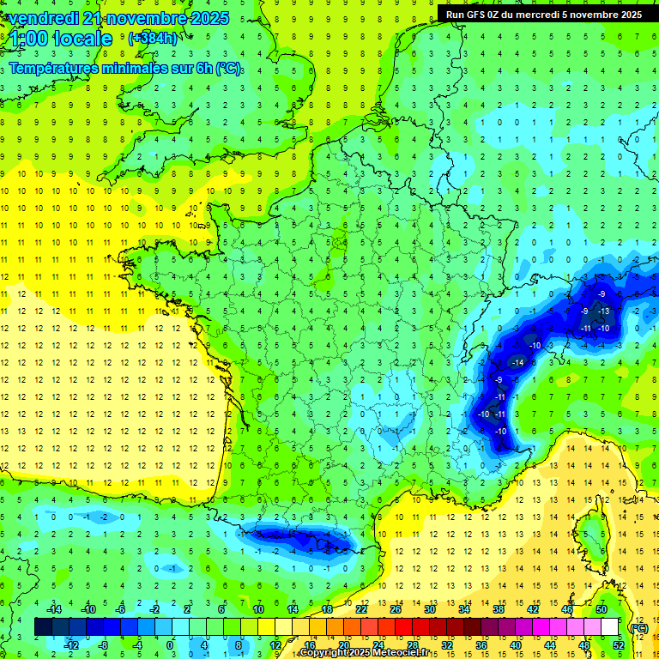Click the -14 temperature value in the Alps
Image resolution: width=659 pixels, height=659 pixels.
pos(517,363)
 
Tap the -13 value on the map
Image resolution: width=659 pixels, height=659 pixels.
pos(604,311)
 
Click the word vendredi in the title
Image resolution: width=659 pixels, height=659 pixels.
pos(43,18)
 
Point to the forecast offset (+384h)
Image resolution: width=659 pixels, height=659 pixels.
pos(152,38)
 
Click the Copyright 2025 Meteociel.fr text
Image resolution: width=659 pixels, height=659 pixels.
pos(365,653)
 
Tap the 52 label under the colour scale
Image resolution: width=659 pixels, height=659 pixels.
pos(619,644)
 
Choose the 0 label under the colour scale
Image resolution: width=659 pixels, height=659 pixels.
pos(169,644)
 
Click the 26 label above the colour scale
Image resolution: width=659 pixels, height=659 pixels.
pos(395,609)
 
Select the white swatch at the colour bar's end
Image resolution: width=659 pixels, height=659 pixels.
pos(610,627)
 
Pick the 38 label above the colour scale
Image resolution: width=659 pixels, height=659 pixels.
pos(498,609)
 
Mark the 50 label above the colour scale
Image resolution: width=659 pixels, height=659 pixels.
pos(601,609)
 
